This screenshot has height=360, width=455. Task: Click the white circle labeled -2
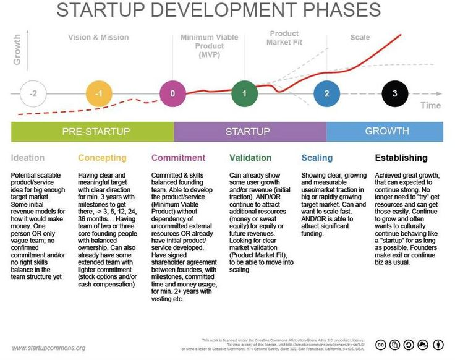click(x=33, y=95)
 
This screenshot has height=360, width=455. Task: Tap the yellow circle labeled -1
click(x=99, y=95)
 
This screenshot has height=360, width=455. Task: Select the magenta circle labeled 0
click(x=172, y=94)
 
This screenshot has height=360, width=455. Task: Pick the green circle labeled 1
click(x=244, y=94)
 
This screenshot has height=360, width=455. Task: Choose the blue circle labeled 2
click(x=326, y=94)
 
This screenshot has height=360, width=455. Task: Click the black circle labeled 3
click(x=394, y=94)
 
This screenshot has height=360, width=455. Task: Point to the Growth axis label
click(x=17, y=49)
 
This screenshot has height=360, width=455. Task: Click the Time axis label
click(x=430, y=106)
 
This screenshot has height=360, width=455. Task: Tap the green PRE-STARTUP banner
click(x=93, y=132)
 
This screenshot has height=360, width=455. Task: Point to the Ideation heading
click(x=28, y=158)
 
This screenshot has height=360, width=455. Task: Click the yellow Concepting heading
click(x=102, y=158)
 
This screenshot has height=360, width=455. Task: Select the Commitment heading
click(x=179, y=158)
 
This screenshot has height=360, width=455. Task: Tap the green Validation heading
click(x=250, y=158)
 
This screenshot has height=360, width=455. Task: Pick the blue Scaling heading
click(x=317, y=158)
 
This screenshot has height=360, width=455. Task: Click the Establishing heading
click(x=401, y=158)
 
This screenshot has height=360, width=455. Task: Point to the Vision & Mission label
click(x=99, y=38)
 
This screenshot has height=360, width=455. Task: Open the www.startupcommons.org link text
click(x=49, y=348)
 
